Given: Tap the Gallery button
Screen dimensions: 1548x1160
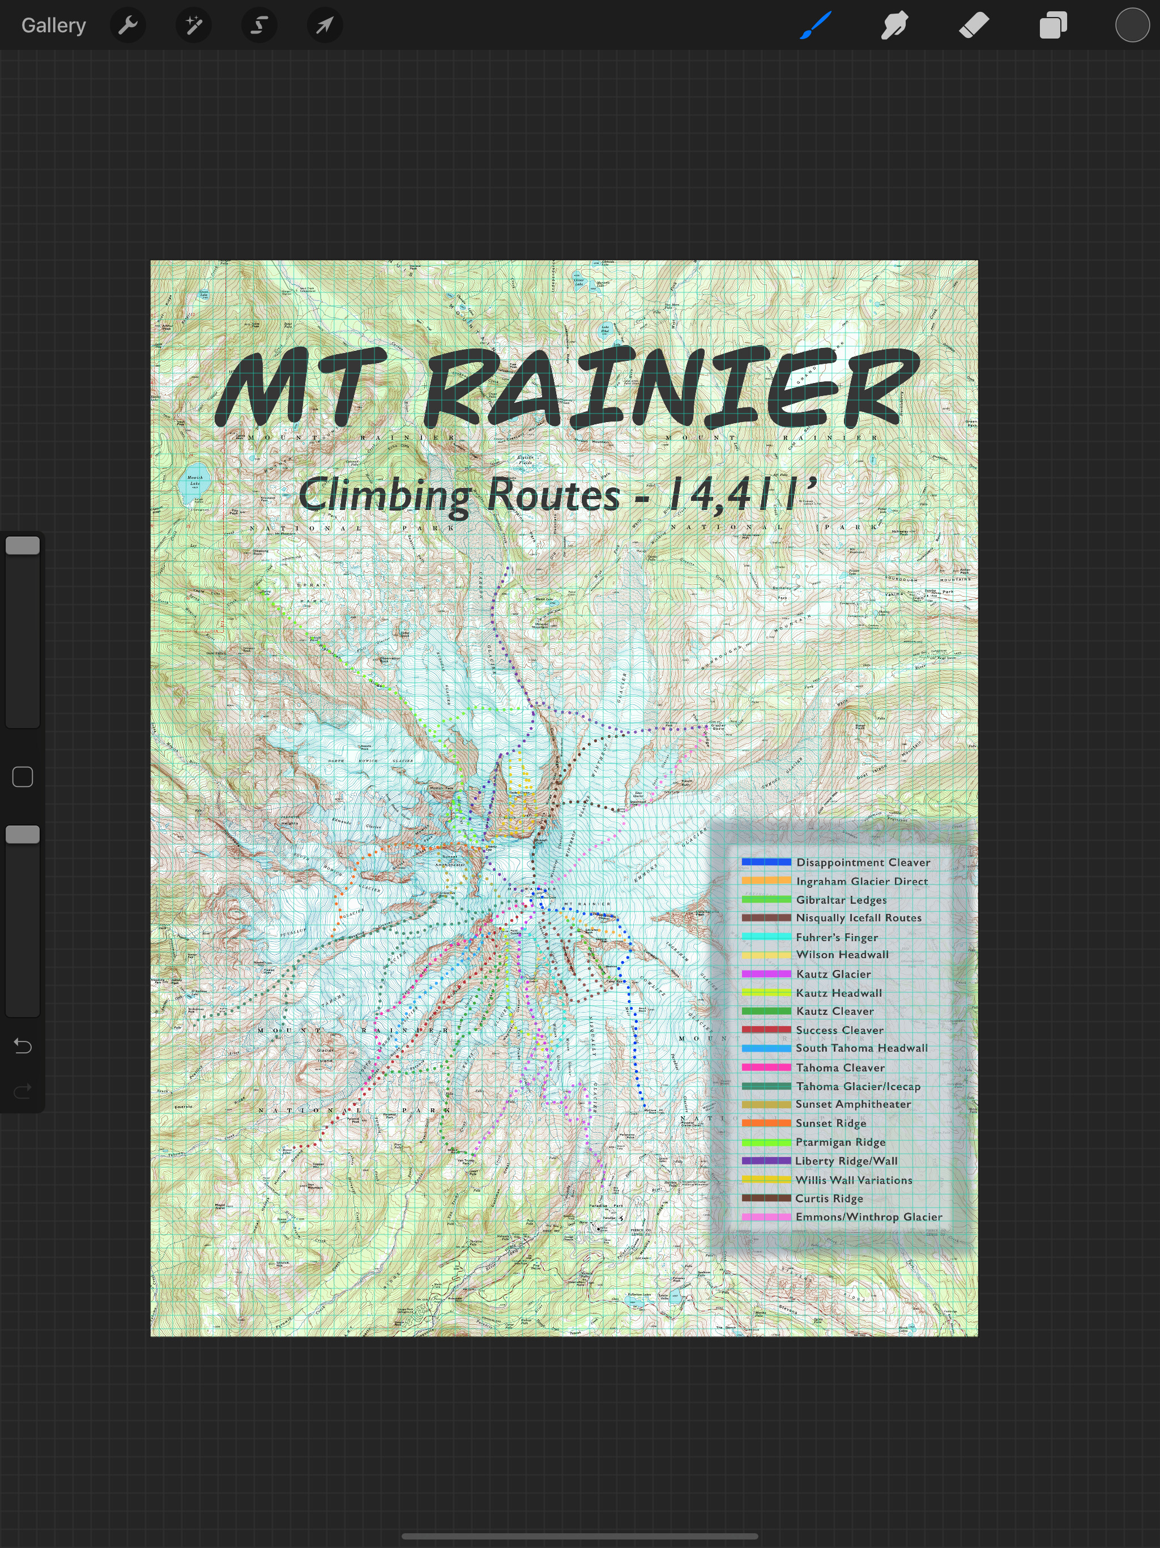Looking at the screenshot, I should [53, 25].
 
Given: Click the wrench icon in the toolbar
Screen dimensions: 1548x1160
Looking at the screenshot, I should [128, 25].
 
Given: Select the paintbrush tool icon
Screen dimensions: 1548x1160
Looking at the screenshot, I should [816, 25].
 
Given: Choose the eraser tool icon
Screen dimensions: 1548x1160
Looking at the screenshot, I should [973, 25].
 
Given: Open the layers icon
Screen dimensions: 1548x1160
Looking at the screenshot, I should [1052, 25].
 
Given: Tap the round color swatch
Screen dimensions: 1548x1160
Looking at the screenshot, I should [1132, 25].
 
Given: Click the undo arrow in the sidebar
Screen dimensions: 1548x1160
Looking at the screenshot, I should [23, 1045].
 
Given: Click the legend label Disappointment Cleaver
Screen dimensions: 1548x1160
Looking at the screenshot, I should [863, 862].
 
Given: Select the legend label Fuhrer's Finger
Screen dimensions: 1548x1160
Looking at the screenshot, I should [836, 937].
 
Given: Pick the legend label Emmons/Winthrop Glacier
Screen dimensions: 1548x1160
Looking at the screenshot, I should [868, 1217].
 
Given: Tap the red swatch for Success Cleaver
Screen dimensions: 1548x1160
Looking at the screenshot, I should [766, 1030].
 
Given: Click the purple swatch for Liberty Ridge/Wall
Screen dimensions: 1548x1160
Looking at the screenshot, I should [766, 1160].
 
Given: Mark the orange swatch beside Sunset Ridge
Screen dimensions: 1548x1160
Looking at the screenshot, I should [766, 1122].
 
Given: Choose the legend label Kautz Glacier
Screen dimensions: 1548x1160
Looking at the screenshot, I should [833, 974].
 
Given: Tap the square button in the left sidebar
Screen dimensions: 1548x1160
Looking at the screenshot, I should [23, 777].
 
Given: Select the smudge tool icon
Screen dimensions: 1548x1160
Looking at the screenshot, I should [894, 25].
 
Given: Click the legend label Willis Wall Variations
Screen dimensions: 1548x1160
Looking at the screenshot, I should [854, 1180].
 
